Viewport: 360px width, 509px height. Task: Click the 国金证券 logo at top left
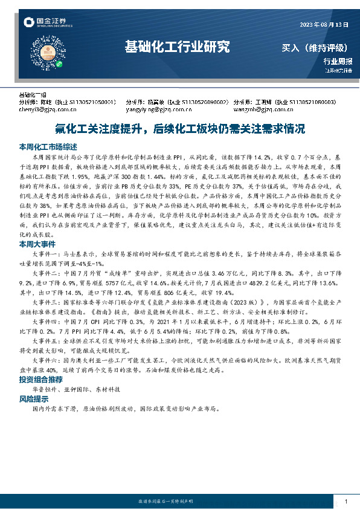click(46, 23)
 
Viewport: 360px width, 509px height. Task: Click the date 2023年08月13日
click(324, 24)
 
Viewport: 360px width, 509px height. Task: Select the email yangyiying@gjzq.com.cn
click(156, 110)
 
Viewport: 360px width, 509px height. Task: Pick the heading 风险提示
click(35, 400)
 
